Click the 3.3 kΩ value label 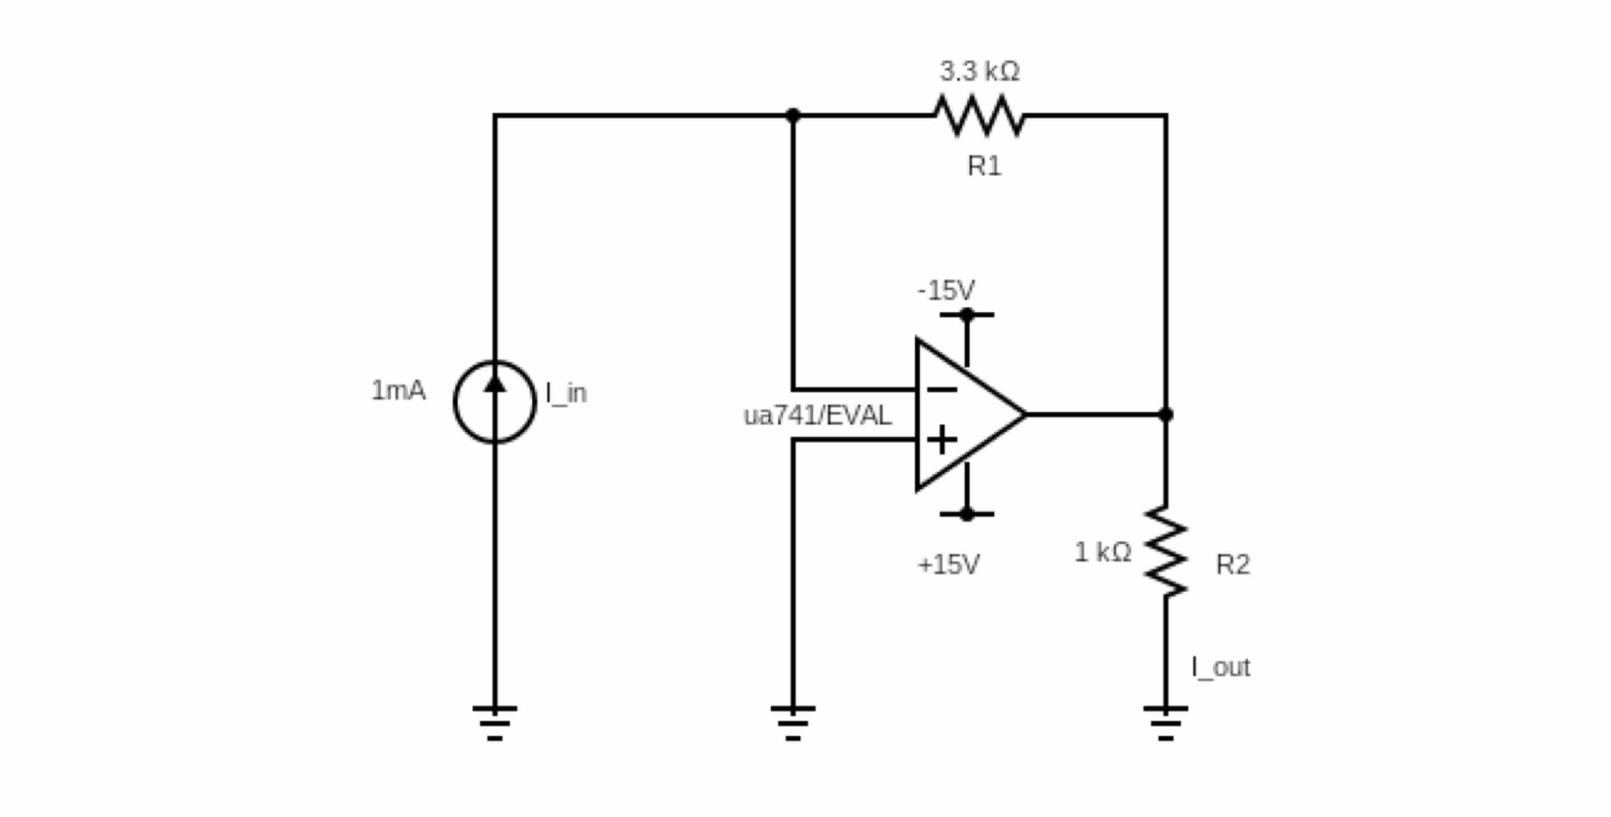point(980,71)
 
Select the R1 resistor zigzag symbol point(980,115)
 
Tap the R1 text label point(984,166)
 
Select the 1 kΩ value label point(1102,552)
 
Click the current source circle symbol point(495,402)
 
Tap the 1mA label point(398,391)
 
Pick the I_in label point(566,393)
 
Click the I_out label point(1221,667)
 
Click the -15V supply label point(946,290)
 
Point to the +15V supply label point(948,565)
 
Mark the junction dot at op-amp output point(1166,414)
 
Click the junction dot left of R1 point(793,115)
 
